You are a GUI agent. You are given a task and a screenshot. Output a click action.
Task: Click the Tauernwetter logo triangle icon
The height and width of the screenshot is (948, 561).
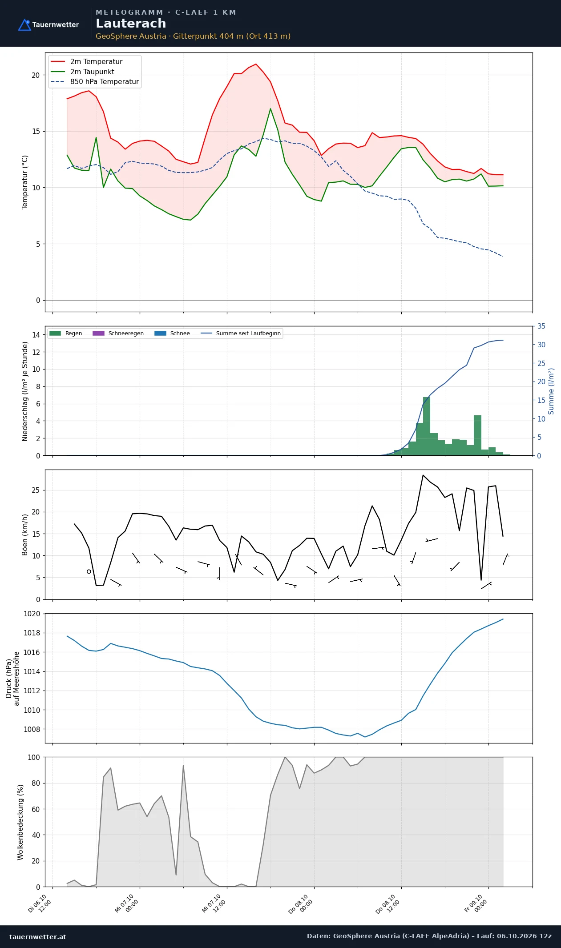click(x=24, y=25)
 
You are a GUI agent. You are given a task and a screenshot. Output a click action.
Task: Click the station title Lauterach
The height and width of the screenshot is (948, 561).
click(x=131, y=24)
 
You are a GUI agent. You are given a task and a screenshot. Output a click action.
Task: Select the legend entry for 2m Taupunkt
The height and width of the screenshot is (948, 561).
click(x=83, y=72)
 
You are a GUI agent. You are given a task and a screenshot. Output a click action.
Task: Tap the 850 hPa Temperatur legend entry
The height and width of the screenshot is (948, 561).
click(x=95, y=82)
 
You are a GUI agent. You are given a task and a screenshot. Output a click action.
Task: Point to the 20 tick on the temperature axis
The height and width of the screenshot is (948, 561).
click(x=36, y=75)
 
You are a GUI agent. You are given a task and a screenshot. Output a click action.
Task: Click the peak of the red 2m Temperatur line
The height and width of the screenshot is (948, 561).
click(x=256, y=64)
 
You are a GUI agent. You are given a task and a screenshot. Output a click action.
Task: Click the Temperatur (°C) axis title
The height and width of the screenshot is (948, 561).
click(x=25, y=182)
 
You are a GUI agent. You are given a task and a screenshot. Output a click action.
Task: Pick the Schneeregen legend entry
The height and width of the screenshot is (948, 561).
click(x=118, y=333)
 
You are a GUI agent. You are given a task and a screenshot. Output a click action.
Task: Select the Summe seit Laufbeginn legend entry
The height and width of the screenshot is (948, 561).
click(x=241, y=333)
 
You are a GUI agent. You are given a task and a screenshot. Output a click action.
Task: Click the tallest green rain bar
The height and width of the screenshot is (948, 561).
click(x=427, y=426)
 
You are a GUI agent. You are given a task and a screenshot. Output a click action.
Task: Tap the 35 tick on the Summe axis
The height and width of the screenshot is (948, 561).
click(x=541, y=326)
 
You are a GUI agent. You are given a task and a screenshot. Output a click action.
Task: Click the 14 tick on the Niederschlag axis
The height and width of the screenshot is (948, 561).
click(x=36, y=335)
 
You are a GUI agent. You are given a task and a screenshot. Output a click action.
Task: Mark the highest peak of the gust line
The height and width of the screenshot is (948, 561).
click(x=423, y=475)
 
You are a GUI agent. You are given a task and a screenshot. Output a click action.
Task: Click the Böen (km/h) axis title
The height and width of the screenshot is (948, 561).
click(x=25, y=535)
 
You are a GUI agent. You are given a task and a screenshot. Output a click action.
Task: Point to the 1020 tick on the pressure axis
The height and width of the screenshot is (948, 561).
click(x=32, y=614)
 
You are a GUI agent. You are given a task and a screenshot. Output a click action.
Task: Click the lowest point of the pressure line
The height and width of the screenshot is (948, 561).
click(x=365, y=737)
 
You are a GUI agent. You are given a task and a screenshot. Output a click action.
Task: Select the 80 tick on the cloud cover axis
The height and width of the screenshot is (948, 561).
click(x=36, y=783)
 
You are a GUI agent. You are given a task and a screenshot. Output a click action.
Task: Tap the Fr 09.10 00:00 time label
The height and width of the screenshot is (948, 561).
click(x=476, y=904)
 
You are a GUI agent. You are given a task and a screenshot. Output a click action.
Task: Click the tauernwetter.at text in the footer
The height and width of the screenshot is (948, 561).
click(x=38, y=936)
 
